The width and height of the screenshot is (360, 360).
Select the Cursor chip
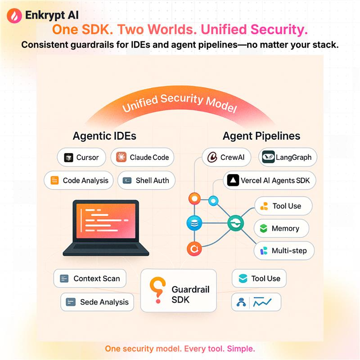81,157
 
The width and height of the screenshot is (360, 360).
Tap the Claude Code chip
142,157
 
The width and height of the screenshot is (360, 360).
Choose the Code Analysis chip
79,180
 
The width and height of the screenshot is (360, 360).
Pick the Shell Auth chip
146,180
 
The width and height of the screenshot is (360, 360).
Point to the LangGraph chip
288,157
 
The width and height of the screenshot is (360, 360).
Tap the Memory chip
282,229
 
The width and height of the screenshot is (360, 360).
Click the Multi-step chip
284,251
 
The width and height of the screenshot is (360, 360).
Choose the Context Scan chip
90,279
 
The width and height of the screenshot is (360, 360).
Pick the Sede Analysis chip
97,302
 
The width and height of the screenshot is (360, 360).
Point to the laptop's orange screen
106,221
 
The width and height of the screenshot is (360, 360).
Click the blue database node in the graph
195,222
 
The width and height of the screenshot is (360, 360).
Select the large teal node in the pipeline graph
235,222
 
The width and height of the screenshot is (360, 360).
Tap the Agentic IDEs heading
104,135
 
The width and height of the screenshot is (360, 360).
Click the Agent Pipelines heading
261,135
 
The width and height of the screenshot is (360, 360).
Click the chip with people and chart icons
256,302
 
